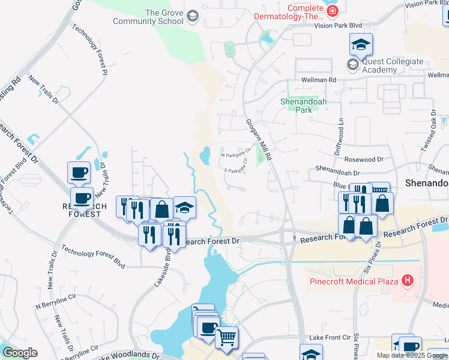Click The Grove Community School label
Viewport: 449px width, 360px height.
click(x=164, y=17)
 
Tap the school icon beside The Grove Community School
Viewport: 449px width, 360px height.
click(x=193, y=16)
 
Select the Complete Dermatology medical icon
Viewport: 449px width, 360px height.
click(x=333, y=8)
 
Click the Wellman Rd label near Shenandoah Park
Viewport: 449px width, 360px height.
click(x=319, y=79)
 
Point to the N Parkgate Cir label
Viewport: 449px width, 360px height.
click(x=235, y=154)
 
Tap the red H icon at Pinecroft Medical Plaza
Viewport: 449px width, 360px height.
click(x=408, y=280)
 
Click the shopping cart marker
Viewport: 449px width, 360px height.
click(x=226, y=337)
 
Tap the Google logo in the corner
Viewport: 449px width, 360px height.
click(x=20, y=352)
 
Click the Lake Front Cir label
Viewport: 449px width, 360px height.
click(x=329, y=338)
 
